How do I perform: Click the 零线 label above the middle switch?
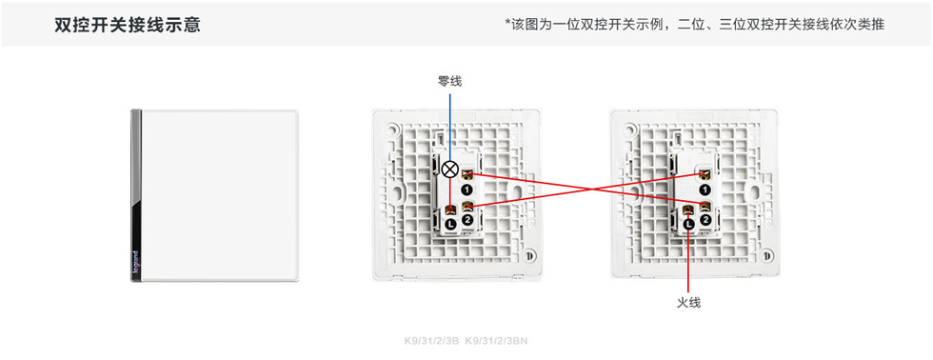pos(449,82)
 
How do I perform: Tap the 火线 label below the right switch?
pos(688,302)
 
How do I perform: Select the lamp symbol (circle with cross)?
pos(450,170)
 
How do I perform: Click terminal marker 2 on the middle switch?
pos(467,220)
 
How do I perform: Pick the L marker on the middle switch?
pos(450,223)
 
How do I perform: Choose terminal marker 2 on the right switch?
pos(705,220)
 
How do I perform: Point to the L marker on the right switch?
pos(688,223)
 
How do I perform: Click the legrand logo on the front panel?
pos(135,263)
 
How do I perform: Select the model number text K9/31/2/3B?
pos(431,340)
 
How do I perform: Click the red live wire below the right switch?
pos(688,262)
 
